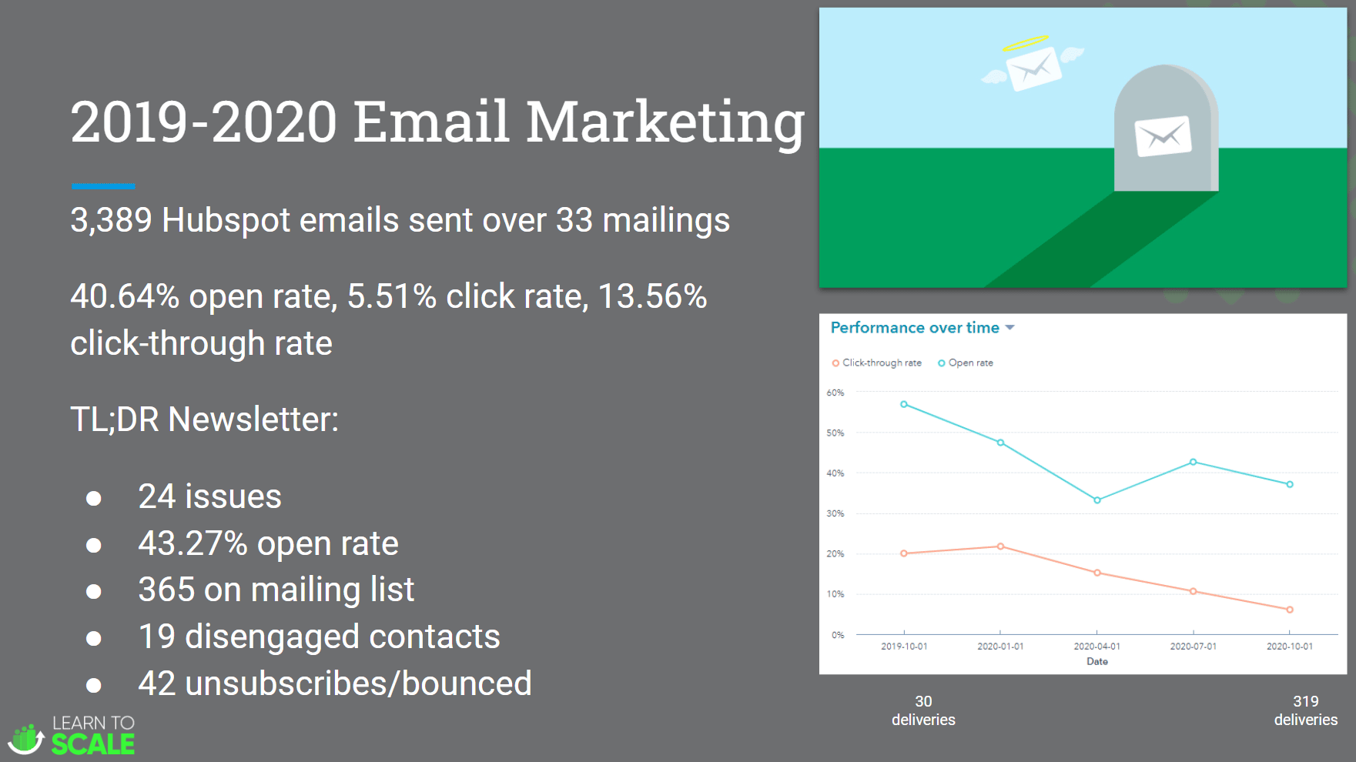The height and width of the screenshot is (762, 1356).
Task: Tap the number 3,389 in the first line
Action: click(x=112, y=221)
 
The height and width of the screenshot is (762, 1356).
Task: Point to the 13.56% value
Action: click(x=652, y=297)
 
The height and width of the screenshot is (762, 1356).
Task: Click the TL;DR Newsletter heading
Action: click(x=204, y=420)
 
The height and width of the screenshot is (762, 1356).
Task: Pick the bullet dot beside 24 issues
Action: click(x=94, y=499)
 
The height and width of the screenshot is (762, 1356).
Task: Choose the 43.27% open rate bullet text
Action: click(x=268, y=543)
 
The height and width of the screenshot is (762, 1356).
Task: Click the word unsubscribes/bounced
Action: click(x=358, y=683)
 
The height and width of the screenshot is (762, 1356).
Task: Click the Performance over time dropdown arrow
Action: click(x=1009, y=328)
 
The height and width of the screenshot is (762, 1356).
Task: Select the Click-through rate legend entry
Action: click(x=876, y=363)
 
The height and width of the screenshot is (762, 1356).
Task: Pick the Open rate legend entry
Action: click(x=965, y=363)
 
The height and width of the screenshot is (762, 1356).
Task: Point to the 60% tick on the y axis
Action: click(x=835, y=393)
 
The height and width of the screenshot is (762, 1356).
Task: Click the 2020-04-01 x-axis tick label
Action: click(x=1097, y=647)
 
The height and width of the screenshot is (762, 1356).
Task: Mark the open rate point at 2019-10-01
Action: click(x=904, y=404)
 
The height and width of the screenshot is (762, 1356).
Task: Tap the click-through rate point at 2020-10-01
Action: click(x=1290, y=610)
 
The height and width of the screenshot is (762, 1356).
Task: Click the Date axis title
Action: click(x=1097, y=662)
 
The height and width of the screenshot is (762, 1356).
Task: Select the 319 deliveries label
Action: click(x=1306, y=710)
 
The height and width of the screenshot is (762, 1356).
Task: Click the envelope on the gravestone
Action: click(x=1163, y=136)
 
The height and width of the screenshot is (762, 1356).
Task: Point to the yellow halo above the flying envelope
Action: click(x=1026, y=43)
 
